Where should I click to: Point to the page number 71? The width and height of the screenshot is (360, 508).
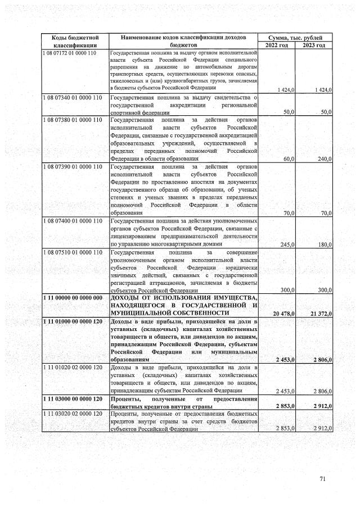(323, 479)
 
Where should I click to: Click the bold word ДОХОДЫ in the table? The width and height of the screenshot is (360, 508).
(127, 297)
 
